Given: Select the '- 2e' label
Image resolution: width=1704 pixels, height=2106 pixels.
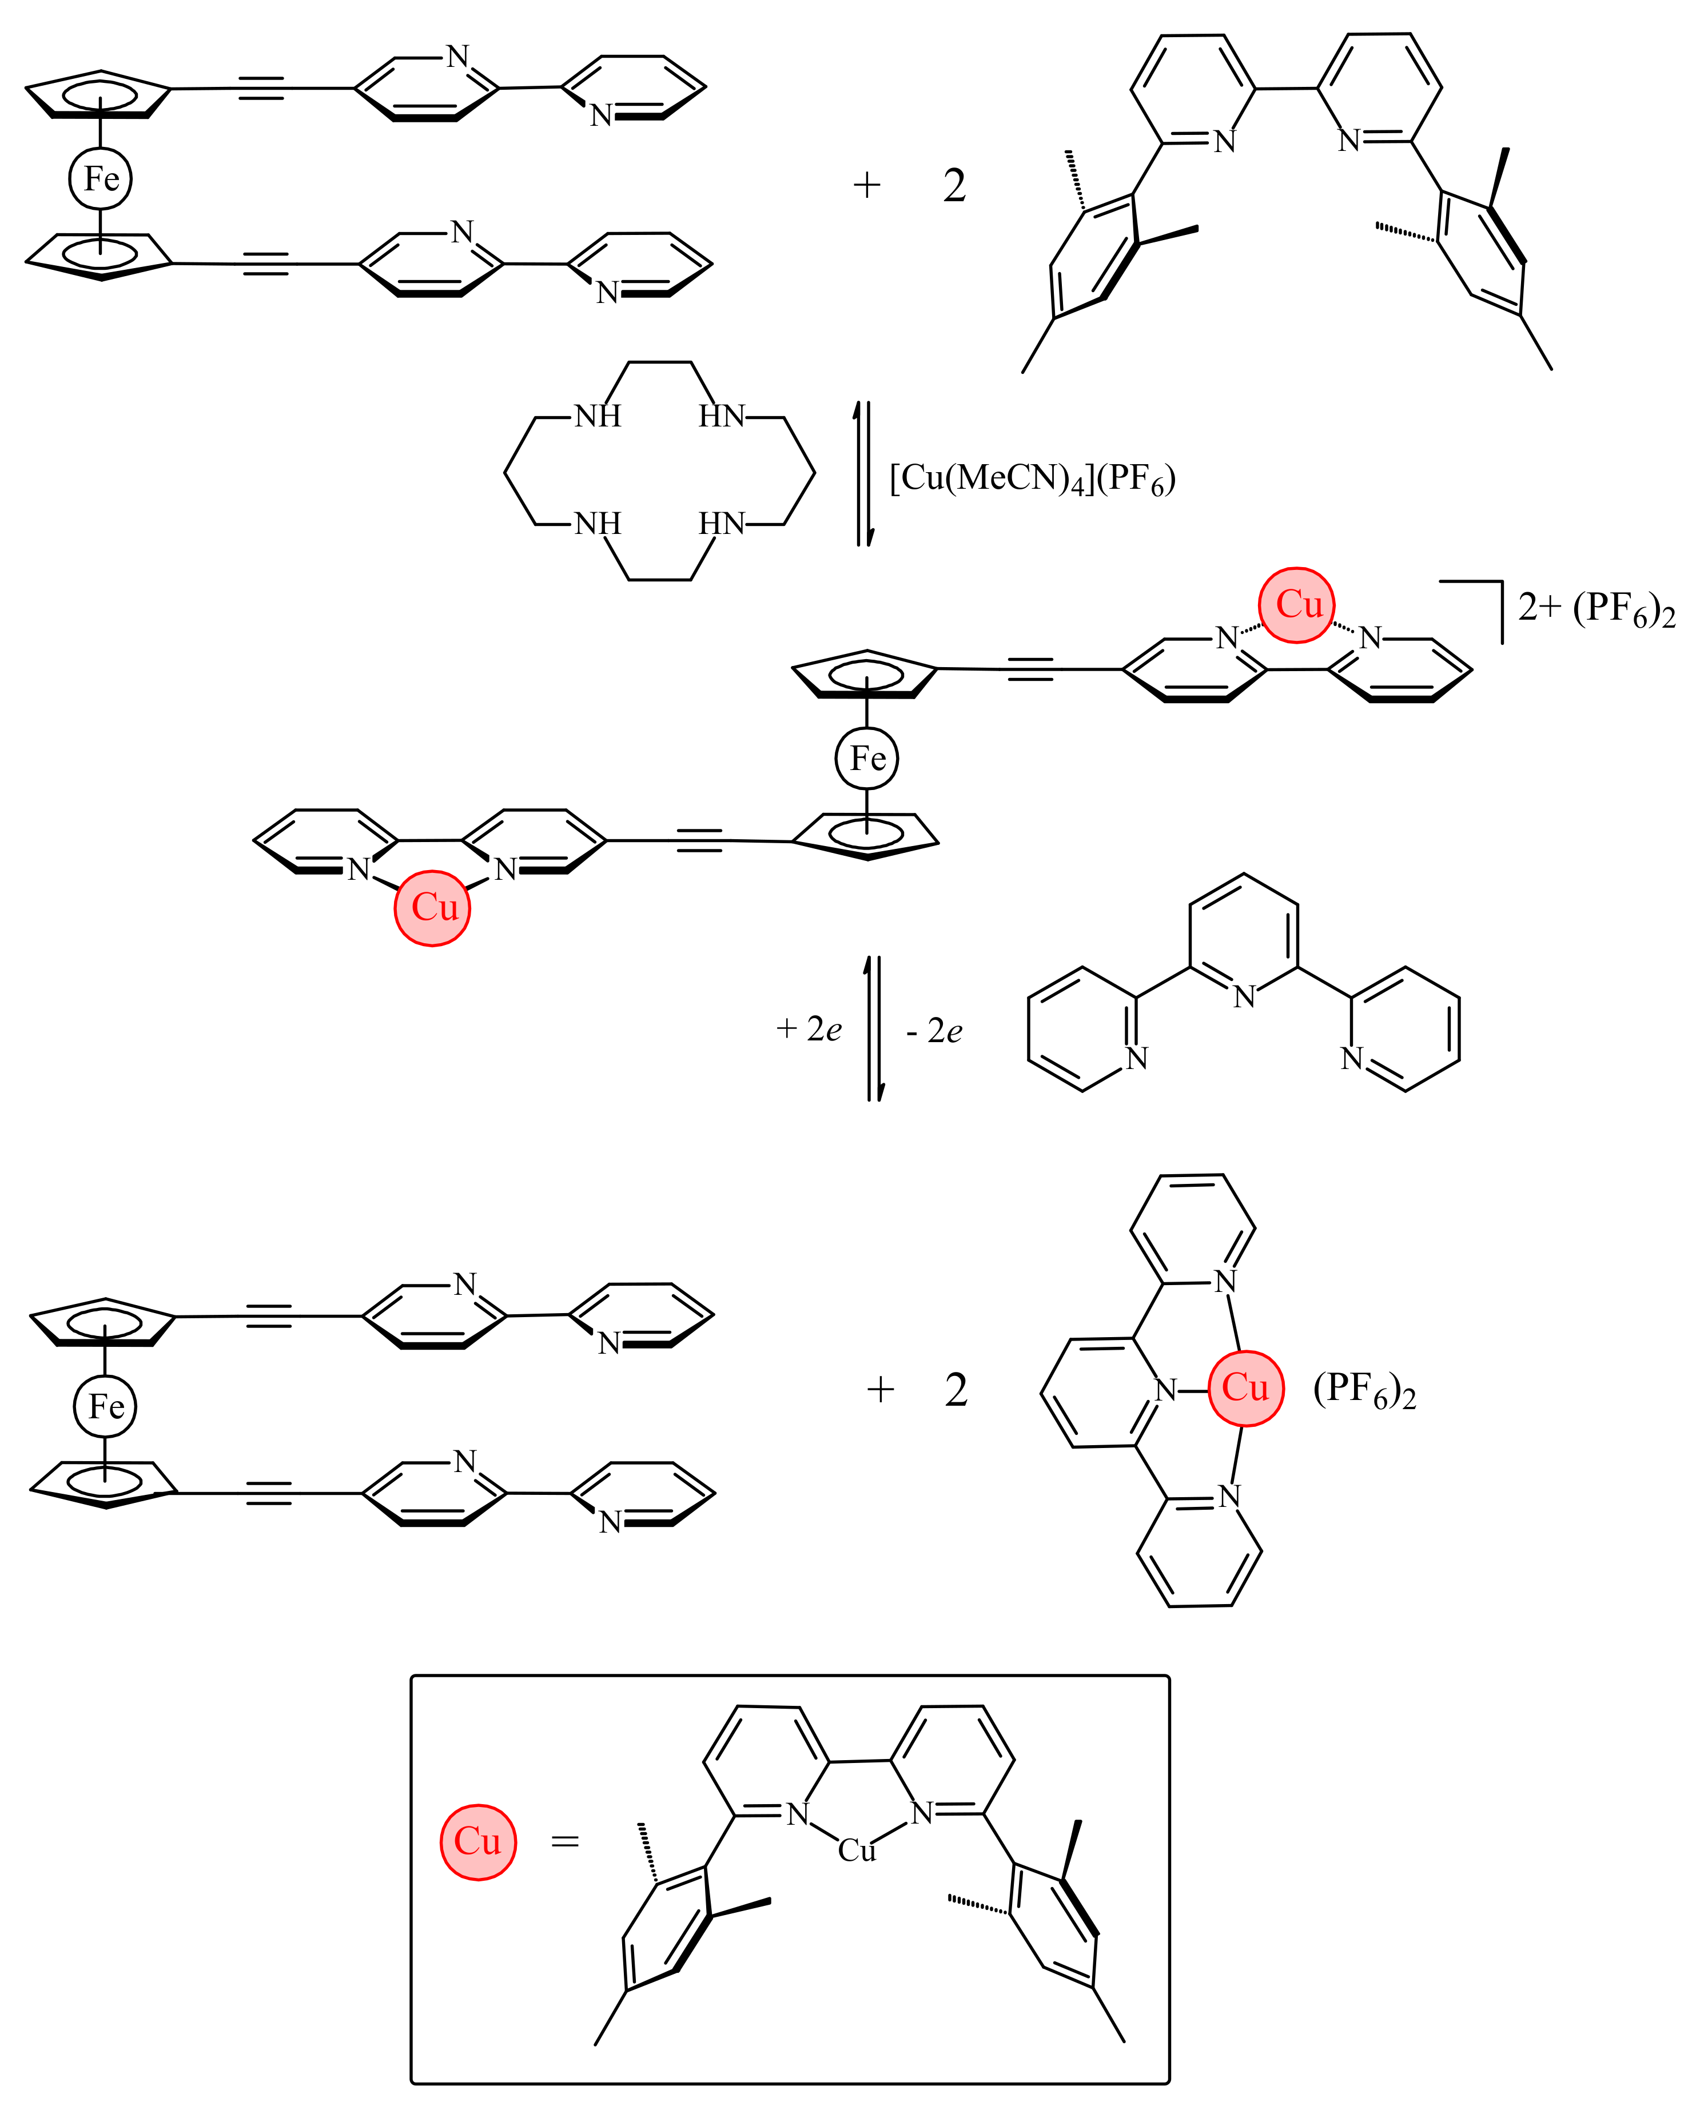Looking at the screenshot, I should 933,1031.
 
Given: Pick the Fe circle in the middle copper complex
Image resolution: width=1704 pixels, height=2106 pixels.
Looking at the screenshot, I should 867,759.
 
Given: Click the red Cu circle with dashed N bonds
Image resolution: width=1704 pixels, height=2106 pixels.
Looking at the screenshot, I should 1297,604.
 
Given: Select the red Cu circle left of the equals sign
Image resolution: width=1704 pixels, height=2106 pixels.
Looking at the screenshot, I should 478,1842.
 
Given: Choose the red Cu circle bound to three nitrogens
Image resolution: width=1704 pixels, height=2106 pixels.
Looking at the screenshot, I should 1245,1387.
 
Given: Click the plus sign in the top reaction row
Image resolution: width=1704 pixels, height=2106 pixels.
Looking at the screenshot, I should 867,185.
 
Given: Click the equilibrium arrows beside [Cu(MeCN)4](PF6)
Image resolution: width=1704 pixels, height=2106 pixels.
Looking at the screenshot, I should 863,474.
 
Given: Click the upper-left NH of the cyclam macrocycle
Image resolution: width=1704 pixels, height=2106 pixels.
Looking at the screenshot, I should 597,416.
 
